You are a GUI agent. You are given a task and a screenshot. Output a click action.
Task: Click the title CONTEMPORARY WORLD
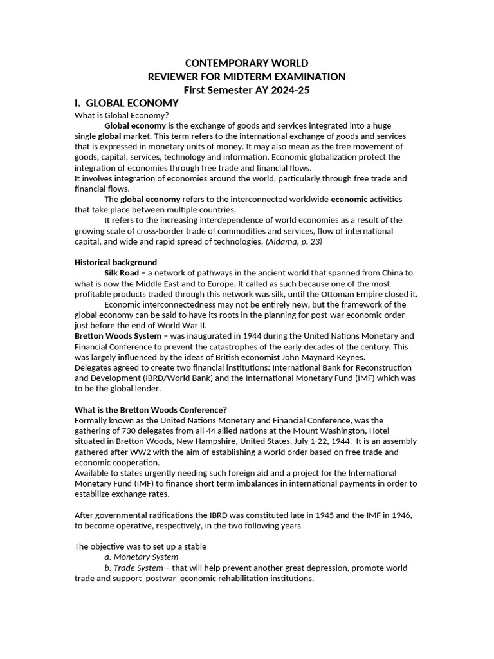point(246,63)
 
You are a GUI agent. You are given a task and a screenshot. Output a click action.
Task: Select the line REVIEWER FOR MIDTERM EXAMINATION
point(246,77)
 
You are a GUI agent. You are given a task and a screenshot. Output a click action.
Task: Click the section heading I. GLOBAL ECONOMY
point(126,103)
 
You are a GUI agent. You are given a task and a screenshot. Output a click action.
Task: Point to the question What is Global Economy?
point(113,115)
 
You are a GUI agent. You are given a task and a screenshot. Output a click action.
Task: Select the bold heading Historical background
point(116,263)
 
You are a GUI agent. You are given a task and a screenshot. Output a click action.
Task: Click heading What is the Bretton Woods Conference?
point(151,410)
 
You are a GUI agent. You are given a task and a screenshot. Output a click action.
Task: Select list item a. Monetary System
point(142,557)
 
